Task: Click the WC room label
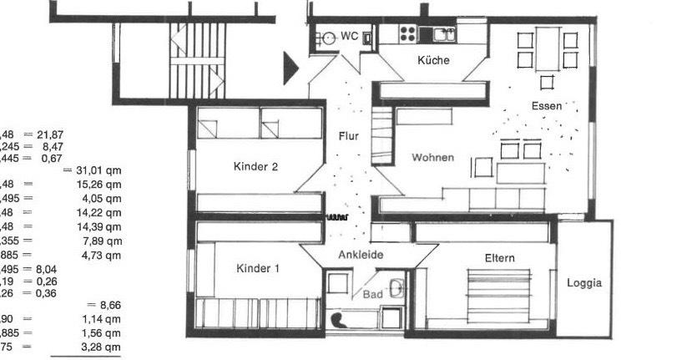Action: click(350, 36)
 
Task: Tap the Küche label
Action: click(434, 60)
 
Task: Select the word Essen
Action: click(547, 106)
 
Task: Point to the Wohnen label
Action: click(432, 157)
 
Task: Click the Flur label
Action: click(348, 136)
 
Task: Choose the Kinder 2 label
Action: click(255, 166)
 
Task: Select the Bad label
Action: click(372, 294)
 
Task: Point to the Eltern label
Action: click(499, 258)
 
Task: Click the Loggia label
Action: click(584, 283)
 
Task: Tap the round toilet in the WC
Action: click(331, 37)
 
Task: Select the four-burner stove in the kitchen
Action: click(408, 34)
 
